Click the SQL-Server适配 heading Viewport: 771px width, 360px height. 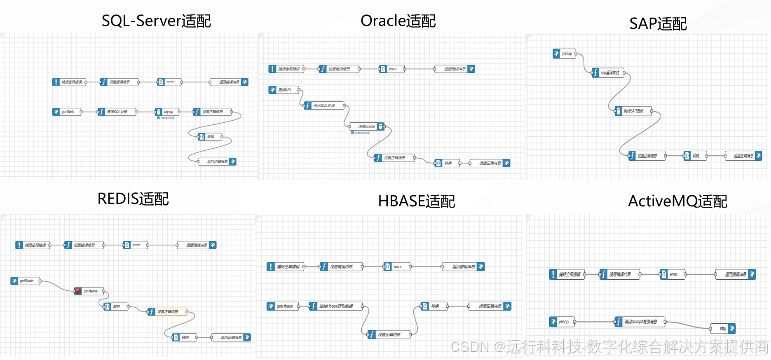point(156,21)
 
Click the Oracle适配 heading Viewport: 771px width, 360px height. point(398,21)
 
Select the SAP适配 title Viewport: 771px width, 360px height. point(658,24)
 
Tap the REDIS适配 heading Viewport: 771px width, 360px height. point(133,199)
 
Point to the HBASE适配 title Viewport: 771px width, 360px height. point(416,201)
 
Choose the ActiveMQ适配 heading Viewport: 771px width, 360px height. point(677,201)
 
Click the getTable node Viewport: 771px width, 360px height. point(67,112)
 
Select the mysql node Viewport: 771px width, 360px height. point(167,112)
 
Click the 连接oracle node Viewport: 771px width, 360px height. point(366,126)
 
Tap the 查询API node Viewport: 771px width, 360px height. point(284,90)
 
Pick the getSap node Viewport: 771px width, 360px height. point(565,54)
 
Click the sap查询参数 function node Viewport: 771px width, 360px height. point(608,73)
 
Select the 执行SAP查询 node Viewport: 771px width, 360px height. point(633,111)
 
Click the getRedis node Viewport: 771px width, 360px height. point(26,281)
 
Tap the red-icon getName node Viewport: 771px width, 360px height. point(89,291)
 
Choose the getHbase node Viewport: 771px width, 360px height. point(283,306)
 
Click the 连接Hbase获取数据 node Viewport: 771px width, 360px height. point(336,306)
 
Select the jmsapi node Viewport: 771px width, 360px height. point(562,322)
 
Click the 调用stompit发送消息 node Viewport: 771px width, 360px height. point(640,322)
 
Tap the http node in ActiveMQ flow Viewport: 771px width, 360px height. point(723,329)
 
